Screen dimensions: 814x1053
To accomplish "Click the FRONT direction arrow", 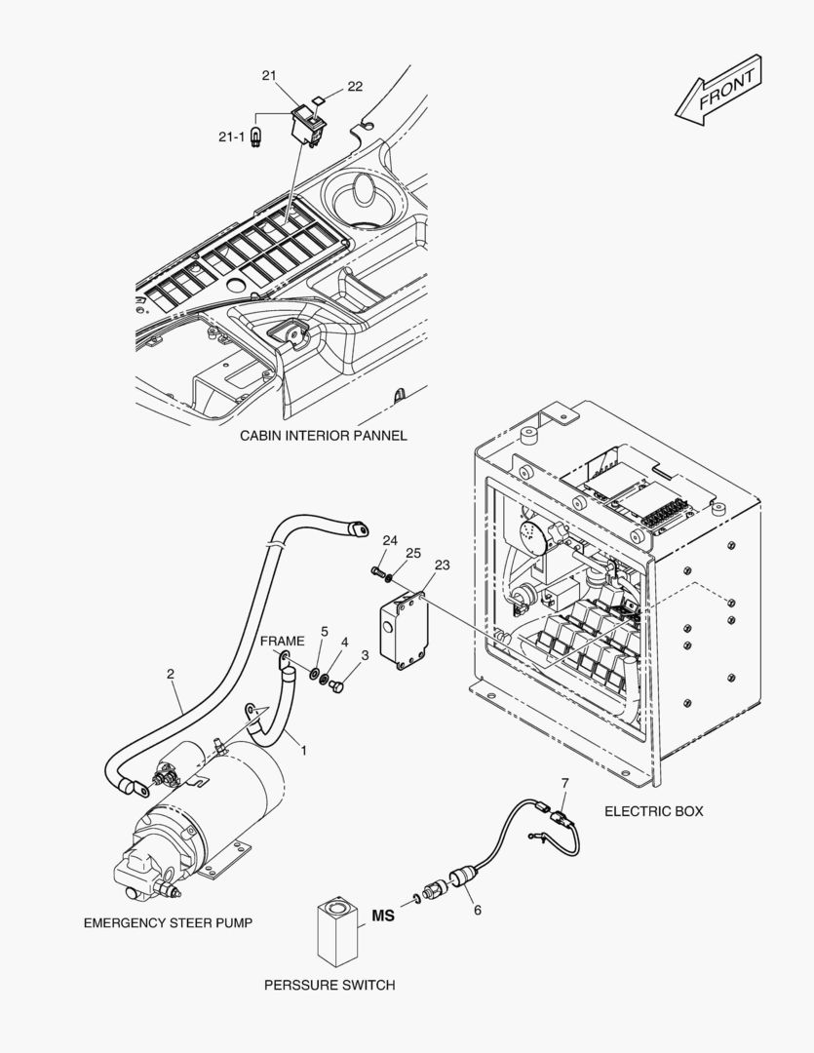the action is point(718,90).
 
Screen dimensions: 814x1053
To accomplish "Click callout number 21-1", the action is point(231,137).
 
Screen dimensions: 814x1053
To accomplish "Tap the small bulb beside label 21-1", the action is point(255,137).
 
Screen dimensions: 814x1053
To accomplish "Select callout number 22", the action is point(355,86).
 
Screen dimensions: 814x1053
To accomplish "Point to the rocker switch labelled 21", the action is point(308,125).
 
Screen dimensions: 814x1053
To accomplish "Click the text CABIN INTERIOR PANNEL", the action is point(324,436).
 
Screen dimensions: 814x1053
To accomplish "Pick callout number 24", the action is point(390,540).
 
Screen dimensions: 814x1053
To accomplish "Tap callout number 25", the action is point(413,553).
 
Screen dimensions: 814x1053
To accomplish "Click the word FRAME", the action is point(282,642).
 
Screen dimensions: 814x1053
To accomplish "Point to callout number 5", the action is point(325,631).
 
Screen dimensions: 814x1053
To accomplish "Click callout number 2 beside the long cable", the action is point(171,674).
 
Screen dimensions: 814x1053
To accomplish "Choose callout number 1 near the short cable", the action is point(303,750).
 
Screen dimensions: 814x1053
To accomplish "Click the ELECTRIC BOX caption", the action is point(654,811).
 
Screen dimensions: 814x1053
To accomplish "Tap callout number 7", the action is point(564,783).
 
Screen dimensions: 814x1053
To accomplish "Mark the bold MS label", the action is point(383,916).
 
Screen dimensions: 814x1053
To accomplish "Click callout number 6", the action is point(478,910).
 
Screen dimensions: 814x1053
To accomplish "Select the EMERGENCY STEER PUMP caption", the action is point(168,923).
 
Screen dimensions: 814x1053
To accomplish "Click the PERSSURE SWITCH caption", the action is point(329,985).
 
